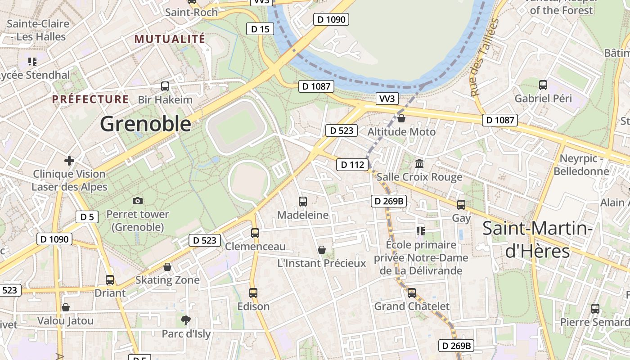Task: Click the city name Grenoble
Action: pyautogui.click(x=145, y=124)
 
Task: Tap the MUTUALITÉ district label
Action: pyautogui.click(x=170, y=39)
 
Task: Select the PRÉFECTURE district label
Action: pyautogui.click(x=90, y=99)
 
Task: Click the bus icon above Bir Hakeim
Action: pyautogui.click(x=165, y=86)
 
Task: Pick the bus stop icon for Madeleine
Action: pyautogui.click(x=303, y=202)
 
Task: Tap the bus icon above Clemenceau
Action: pyautogui.click(x=255, y=233)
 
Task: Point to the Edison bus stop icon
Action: pyautogui.click(x=253, y=293)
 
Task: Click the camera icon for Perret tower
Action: pyautogui.click(x=138, y=201)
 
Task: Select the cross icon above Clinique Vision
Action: pyautogui.click(x=69, y=161)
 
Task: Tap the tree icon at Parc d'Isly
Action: pyautogui.click(x=185, y=320)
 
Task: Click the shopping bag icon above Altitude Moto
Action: pyautogui.click(x=401, y=118)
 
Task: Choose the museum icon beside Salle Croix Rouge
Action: pyautogui.click(x=420, y=163)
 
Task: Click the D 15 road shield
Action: pyautogui.click(x=260, y=29)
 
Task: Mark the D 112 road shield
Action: pyautogui.click(x=352, y=165)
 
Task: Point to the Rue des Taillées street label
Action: pyautogui.click(x=484, y=58)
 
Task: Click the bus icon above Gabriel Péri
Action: pyautogui.click(x=543, y=85)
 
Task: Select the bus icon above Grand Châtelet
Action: pyautogui.click(x=412, y=293)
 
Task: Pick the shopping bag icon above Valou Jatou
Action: pyautogui.click(x=66, y=308)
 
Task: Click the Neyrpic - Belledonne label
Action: pyautogui.click(x=581, y=165)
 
